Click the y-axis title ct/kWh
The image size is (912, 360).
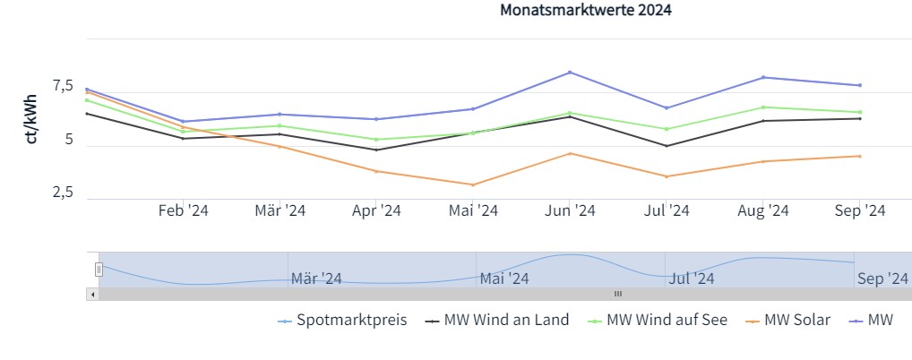pos(31,118)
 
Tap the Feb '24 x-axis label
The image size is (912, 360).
pos(184,210)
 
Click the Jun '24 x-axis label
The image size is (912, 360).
pos(570,210)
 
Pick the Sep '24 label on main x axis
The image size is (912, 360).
pos(859,210)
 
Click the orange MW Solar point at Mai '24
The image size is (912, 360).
pos(473,184)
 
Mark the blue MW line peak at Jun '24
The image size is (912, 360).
pos(570,73)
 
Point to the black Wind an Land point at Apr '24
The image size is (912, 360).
pos(376,150)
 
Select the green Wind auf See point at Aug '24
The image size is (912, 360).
pos(762,107)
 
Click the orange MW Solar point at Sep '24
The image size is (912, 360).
pos(859,156)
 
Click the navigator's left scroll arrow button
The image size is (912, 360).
pos(91,294)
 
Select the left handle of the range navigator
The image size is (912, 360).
pos(99,269)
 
